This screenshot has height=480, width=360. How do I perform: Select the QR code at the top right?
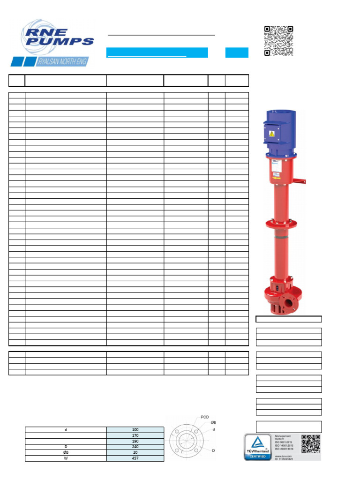point(278,40)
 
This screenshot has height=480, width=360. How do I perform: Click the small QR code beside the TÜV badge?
point(311,444)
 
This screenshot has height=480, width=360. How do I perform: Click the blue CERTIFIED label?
point(258,456)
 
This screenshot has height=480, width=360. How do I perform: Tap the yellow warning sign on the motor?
point(271,134)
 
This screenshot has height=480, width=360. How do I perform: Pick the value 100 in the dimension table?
point(135,430)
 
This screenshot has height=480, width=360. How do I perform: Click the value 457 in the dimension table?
point(135,458)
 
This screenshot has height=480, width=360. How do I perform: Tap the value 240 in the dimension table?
point(135,447)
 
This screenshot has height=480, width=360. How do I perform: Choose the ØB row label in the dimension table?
point(66,453)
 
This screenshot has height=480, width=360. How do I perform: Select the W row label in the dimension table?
point(66,458)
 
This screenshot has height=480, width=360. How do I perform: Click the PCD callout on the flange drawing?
point(205,417)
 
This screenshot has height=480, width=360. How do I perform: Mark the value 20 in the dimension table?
point(135,453)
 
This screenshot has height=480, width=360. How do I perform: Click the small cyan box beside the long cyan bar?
point(237,52)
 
